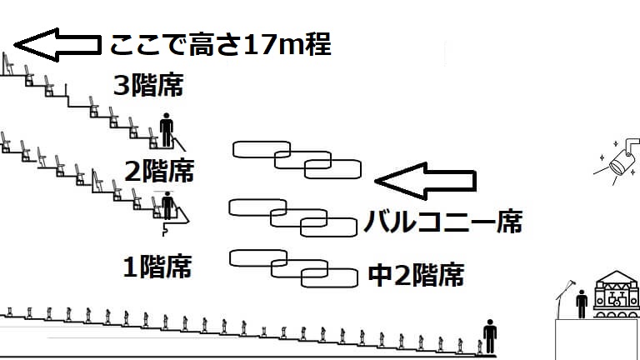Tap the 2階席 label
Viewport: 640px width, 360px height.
coord(158,172)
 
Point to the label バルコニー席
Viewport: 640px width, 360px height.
coord(442,223)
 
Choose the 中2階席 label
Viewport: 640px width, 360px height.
coord(415,275)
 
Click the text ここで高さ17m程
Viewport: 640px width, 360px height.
coord(220,44)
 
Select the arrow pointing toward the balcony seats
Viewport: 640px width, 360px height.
coord(425,179)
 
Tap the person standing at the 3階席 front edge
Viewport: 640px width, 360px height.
coord(167,129)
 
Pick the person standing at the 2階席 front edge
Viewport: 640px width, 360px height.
coord(167,205)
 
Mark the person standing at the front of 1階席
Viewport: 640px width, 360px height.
coord(489,336)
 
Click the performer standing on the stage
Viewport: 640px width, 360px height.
coord(582,302)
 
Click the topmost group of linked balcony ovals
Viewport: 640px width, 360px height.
coord(297,158)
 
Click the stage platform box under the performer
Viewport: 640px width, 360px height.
coord(597,338)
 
